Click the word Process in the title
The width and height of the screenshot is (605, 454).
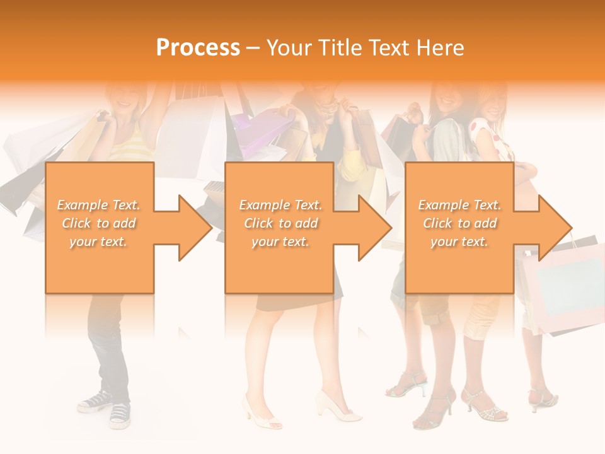198,48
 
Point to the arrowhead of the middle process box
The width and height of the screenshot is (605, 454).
374,228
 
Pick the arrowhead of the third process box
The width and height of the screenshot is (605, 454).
555,228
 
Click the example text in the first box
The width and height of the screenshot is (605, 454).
99,223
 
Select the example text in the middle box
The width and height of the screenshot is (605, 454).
280,223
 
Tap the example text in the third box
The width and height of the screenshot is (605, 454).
459,223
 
